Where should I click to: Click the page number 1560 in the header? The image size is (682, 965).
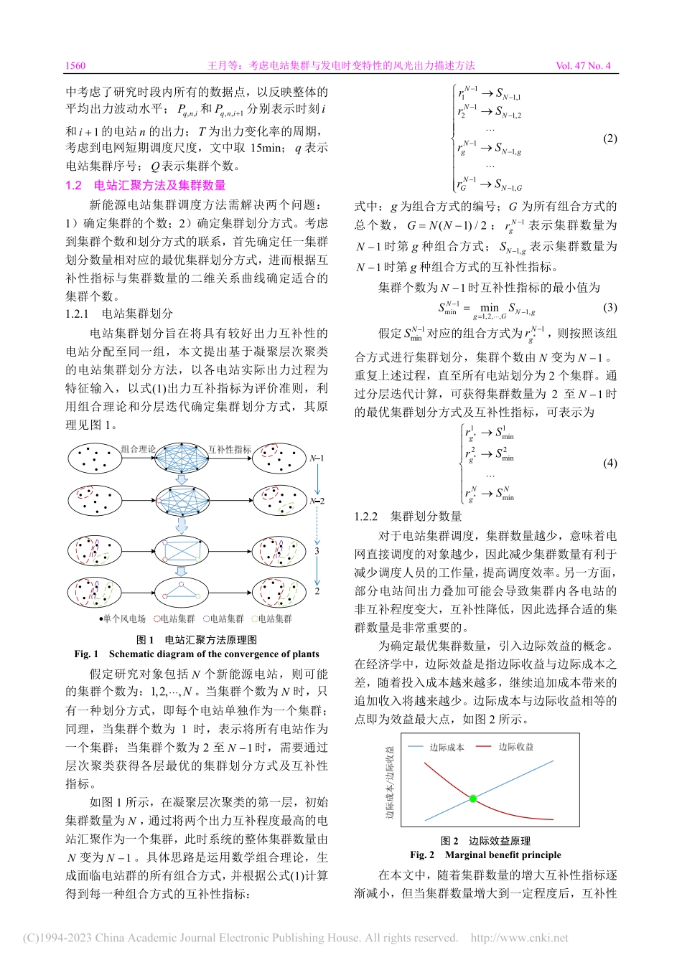click(75, 65)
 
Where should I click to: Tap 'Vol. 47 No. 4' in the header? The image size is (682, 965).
click(583, 65)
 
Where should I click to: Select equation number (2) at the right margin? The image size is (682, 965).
click(609, 138)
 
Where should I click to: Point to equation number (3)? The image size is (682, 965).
click(609, 307)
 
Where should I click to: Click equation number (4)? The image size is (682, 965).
click(609, 463)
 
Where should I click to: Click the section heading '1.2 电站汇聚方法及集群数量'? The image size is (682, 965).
click(145, 185)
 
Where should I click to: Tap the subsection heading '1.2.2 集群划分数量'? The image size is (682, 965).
click(408, 516)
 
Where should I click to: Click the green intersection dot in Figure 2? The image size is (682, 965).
click(472, 799)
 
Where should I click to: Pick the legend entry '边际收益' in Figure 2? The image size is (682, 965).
click(515, 747)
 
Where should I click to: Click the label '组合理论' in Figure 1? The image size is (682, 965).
click(138, 449)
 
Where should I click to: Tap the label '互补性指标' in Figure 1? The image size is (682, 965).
click(230, 449)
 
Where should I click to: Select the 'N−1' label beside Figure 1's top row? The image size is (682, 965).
click(317, 458)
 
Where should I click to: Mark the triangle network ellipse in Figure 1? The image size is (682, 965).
click(182, 591)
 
